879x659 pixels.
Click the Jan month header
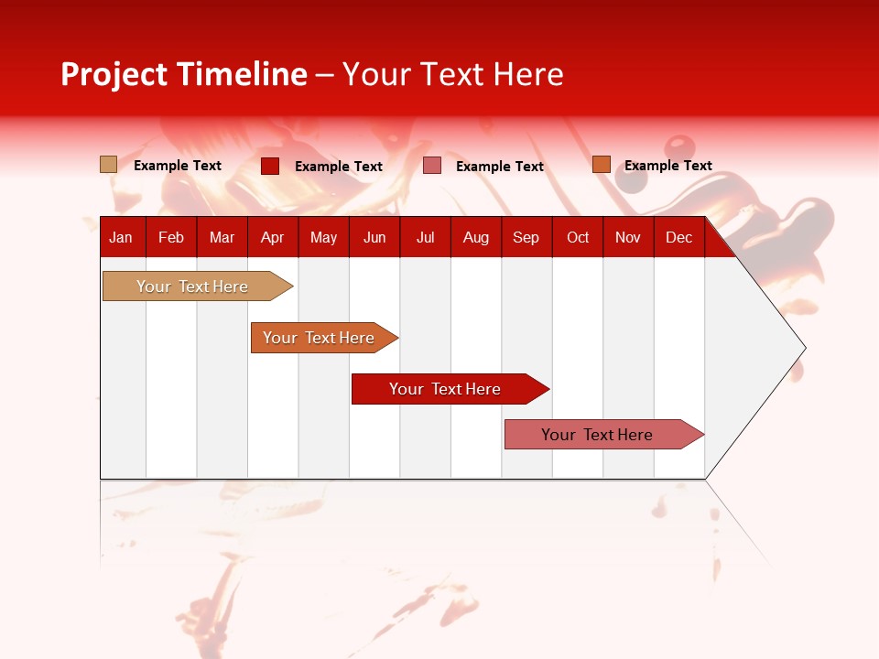click(x=121, y=237)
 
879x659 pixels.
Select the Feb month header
click(x=171, y=237)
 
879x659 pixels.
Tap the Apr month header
click(x=272, y=237)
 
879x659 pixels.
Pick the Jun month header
click(x=374, y=237)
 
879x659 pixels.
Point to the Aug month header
click(x=475, y=237)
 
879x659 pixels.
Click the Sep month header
click(x=526, y=237)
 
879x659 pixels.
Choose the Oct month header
click(x=578, y=237)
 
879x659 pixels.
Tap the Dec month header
click(x=678, y=237)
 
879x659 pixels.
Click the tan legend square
click(x=109, y=165)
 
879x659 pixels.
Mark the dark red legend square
click(x=270, y=166)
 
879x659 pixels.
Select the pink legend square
click(x=432, y=166)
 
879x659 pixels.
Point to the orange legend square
click(x=601, y=165)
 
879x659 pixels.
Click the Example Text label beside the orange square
click(x=667, y=166)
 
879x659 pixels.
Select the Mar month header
click(x=222, y=237)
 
